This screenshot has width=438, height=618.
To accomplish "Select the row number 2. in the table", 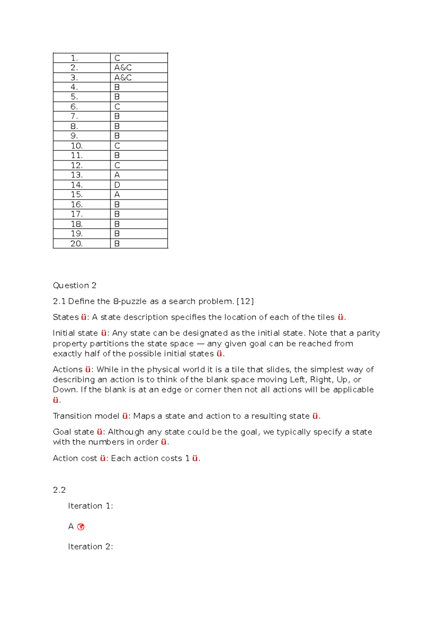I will coord(74,68).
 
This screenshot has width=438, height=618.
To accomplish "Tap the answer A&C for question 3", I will coord(123,78).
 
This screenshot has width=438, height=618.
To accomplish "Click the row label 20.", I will coord(77,243).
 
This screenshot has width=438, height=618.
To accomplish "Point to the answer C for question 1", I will coord(117,58).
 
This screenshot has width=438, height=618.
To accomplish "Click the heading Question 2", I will coord(74,285).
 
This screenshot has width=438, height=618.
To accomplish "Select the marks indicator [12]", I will coord(245,301).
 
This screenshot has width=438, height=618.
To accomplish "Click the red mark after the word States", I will coord(84,317).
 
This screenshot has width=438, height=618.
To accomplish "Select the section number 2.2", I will coord(59,490).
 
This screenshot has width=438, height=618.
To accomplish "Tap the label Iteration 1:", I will coord(90,506).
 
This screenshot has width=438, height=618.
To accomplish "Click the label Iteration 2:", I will coord(90,547).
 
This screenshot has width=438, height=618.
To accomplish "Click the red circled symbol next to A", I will coord(81,527).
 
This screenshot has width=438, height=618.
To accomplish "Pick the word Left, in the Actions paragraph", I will coord(298,380).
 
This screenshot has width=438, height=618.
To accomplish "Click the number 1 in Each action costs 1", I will coord(188,458).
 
